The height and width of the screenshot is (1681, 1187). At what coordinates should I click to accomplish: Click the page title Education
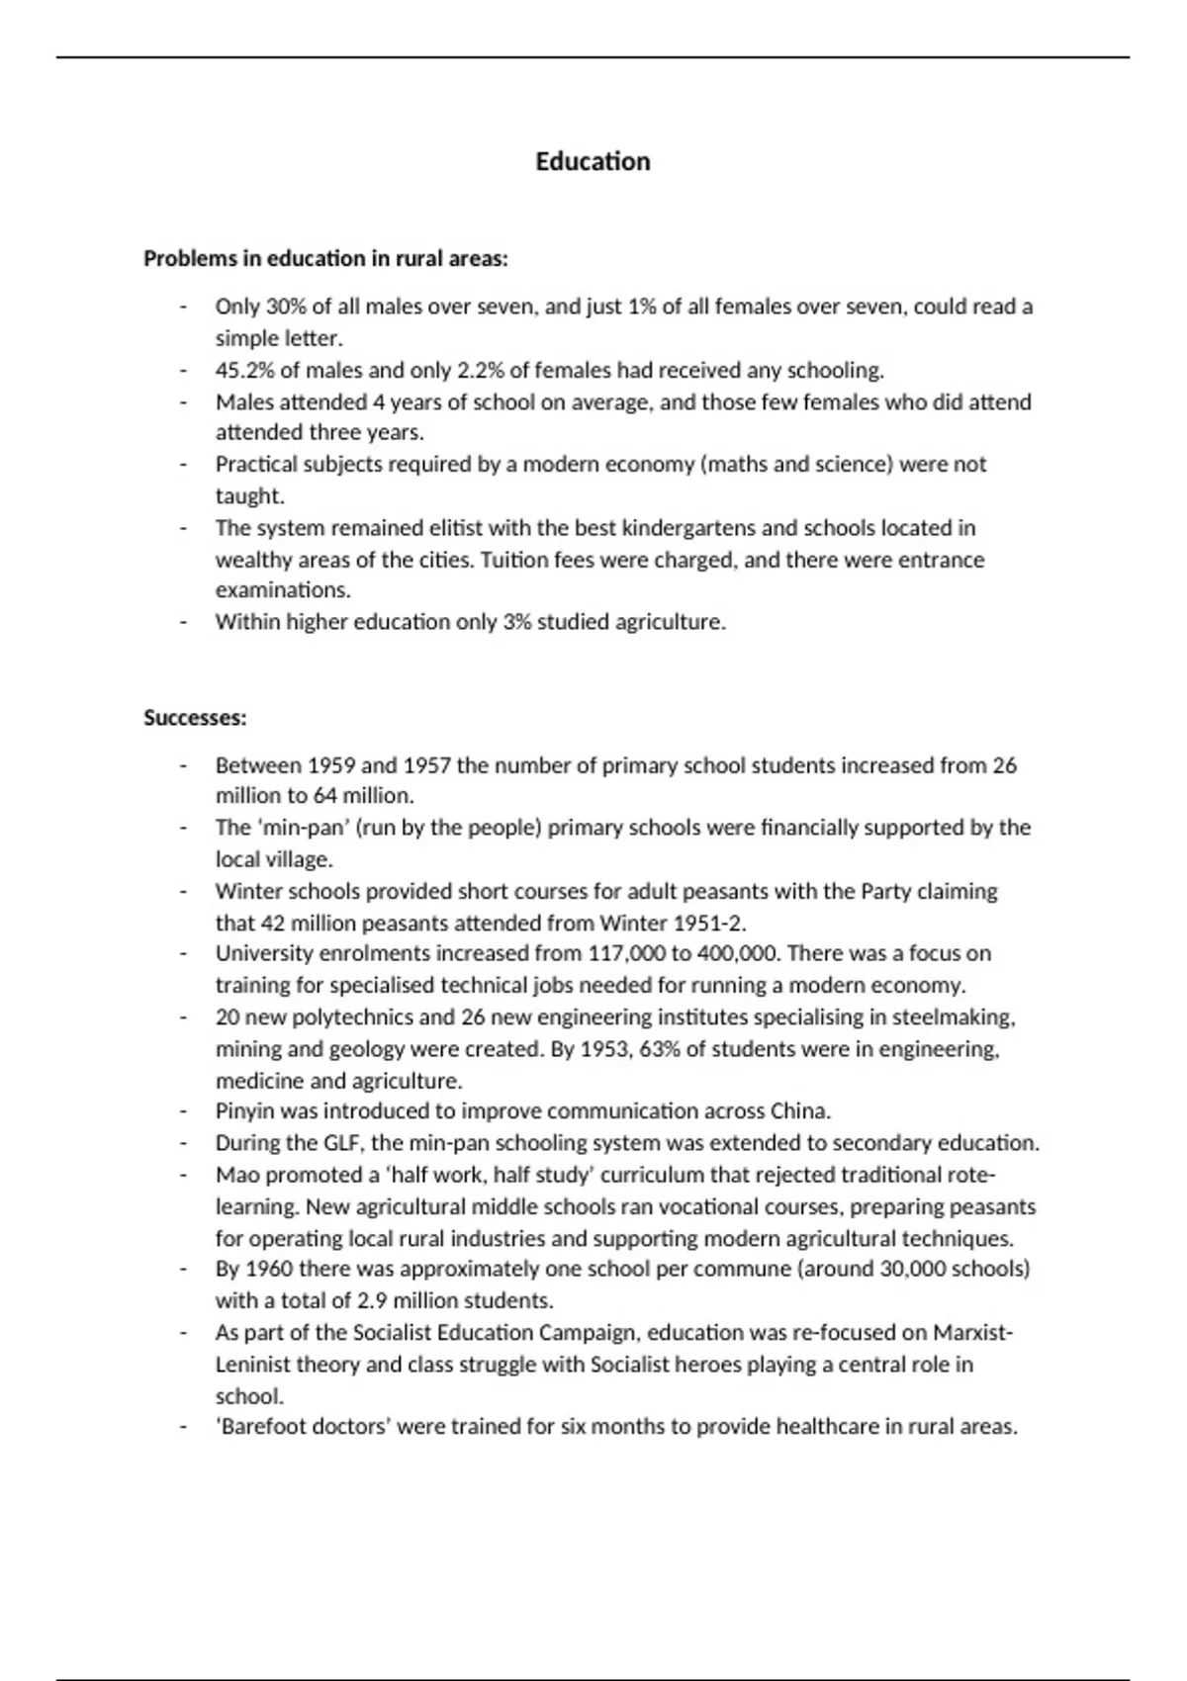pos(593,161)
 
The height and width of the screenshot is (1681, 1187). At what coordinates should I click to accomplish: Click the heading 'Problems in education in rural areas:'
pos(325,259)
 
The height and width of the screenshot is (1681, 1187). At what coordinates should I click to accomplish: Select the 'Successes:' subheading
pos(195,718)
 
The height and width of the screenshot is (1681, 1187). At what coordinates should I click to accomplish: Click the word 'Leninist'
pos(255,1365)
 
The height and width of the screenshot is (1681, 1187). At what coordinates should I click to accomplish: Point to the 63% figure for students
pos(659,1049)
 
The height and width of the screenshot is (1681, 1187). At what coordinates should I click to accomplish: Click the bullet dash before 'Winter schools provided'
pos(183,892)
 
